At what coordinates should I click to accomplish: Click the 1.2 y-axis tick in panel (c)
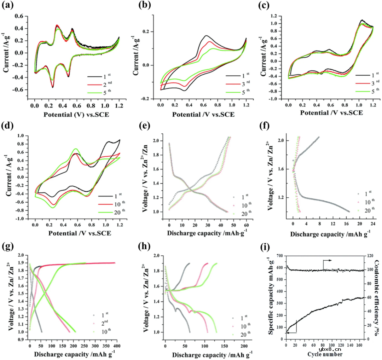pyautogui.click(x=279, y=16)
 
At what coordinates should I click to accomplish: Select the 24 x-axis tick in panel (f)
pyautogui.click(x=372, y=225)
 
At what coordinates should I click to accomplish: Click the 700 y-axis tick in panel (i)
pyautogui.click(x=279, y=255)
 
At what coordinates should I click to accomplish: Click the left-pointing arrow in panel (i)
pyautogui.click(x=291, y=332)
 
